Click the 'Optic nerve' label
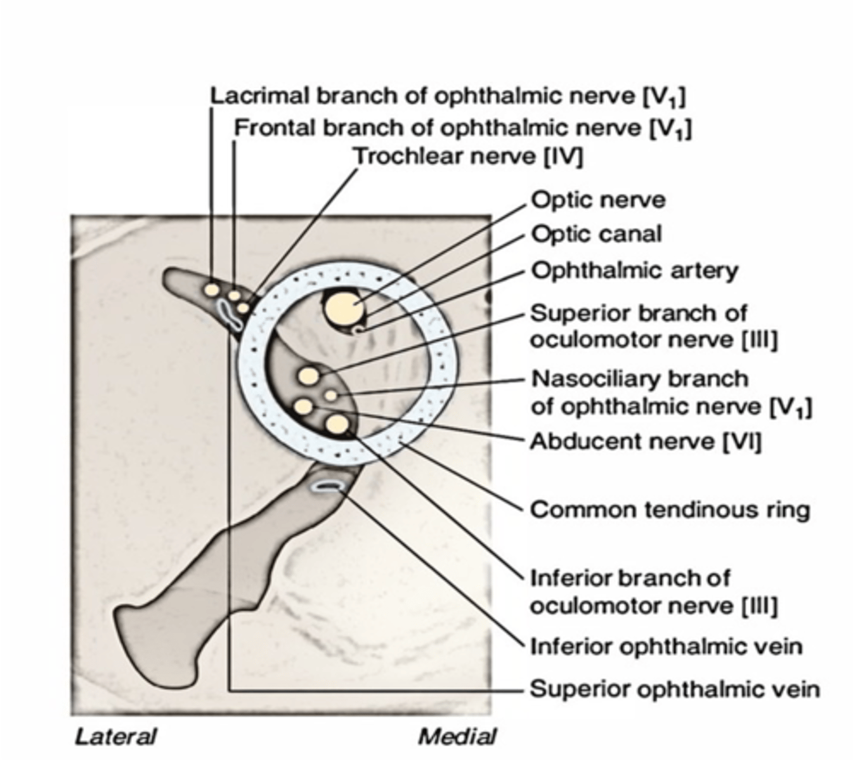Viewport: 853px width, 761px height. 597,200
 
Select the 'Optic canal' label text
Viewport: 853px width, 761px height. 596,235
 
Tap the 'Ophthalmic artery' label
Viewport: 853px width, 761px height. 634,271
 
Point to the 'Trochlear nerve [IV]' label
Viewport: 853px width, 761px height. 467,156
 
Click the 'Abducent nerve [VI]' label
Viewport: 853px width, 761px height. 645,441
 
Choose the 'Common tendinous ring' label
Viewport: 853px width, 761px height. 670,509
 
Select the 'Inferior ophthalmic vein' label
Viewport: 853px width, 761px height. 666,647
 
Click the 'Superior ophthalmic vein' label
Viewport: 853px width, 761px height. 674,689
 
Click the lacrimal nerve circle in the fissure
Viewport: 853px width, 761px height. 211,289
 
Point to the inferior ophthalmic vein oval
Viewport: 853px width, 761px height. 328,486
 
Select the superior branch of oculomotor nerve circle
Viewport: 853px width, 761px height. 309,376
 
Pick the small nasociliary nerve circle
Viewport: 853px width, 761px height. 330,395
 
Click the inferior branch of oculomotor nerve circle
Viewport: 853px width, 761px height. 337,424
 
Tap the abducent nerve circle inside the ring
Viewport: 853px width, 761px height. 303,406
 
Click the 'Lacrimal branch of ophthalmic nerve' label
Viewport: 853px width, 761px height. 447,96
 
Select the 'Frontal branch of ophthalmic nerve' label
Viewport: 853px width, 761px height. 462,128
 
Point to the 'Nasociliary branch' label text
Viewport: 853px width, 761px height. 639,379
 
